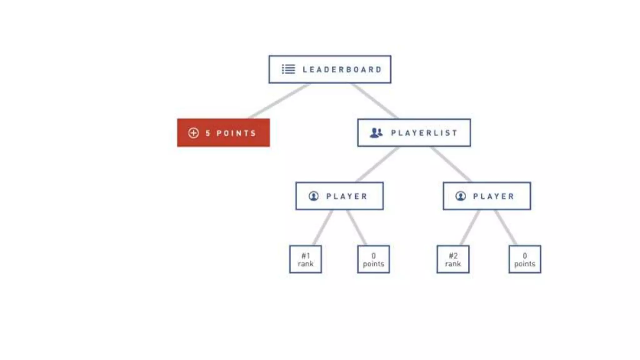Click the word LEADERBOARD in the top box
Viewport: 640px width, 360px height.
pos(342,69)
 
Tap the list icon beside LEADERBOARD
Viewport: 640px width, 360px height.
pos(288,69)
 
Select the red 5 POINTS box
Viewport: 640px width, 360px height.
pos(223,133)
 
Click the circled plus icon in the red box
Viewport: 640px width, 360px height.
pos(193,133)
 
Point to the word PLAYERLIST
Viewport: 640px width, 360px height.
pos(424,133)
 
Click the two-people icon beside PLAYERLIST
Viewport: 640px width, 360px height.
pos(376,133)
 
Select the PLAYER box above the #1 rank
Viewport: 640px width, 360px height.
pos(339,196)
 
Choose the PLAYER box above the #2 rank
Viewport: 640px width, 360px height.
pos(487,196)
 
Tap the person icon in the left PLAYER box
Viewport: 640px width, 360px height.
pos(313,196)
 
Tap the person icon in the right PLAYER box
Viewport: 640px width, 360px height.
pos(460,196)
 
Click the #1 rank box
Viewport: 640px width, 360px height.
pos(305,259)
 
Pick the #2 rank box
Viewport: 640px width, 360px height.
pos(453,259)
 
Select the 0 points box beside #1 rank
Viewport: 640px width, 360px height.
pos(373,259)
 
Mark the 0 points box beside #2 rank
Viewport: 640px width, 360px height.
pos(525,259)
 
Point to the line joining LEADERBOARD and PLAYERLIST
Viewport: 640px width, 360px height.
pos(374,101)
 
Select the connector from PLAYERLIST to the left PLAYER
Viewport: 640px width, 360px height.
pos(377,164)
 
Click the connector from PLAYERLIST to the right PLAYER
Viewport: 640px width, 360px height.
pos(451,164)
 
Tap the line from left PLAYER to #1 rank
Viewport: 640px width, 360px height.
pos(323,227)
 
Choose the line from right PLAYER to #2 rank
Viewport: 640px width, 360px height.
pos(470,227)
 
